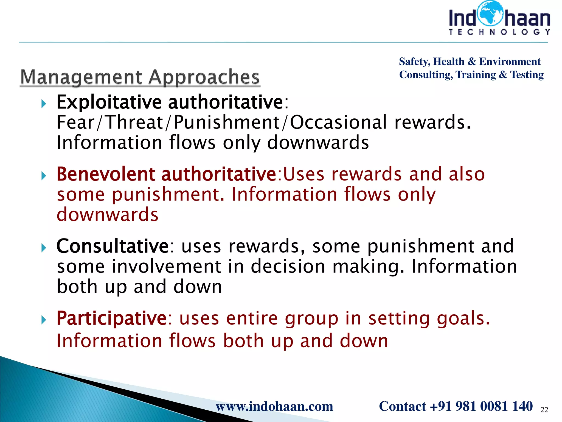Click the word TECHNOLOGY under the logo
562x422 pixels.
click(x=499, y=32)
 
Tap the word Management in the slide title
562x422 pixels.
click(x=81, y=77)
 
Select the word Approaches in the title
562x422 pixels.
click(x=204, y=77)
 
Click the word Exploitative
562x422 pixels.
click(x=109, y=102)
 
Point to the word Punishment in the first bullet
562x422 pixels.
click(x=227, y=122)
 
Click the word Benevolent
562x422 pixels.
click(x=106, y=174)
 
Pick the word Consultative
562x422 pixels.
click(x=113, y=246)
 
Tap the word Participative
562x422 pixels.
click(x=111, y=318)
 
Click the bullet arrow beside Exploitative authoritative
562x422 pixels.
click(x=43, y=104)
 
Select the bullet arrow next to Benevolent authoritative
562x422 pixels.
click(x=43, y=176)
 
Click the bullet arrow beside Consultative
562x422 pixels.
click(x=43, y=248)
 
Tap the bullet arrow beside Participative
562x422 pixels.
click(x=43, y=320)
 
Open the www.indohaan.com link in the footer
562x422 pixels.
click(x=274, y=406)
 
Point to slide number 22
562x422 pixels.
click(x=544, y=410)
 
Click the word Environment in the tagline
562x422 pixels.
click(x=510, y=62)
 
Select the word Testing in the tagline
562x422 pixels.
click(x=527, y=75)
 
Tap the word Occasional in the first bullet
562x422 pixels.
click(x=338, y=122)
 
